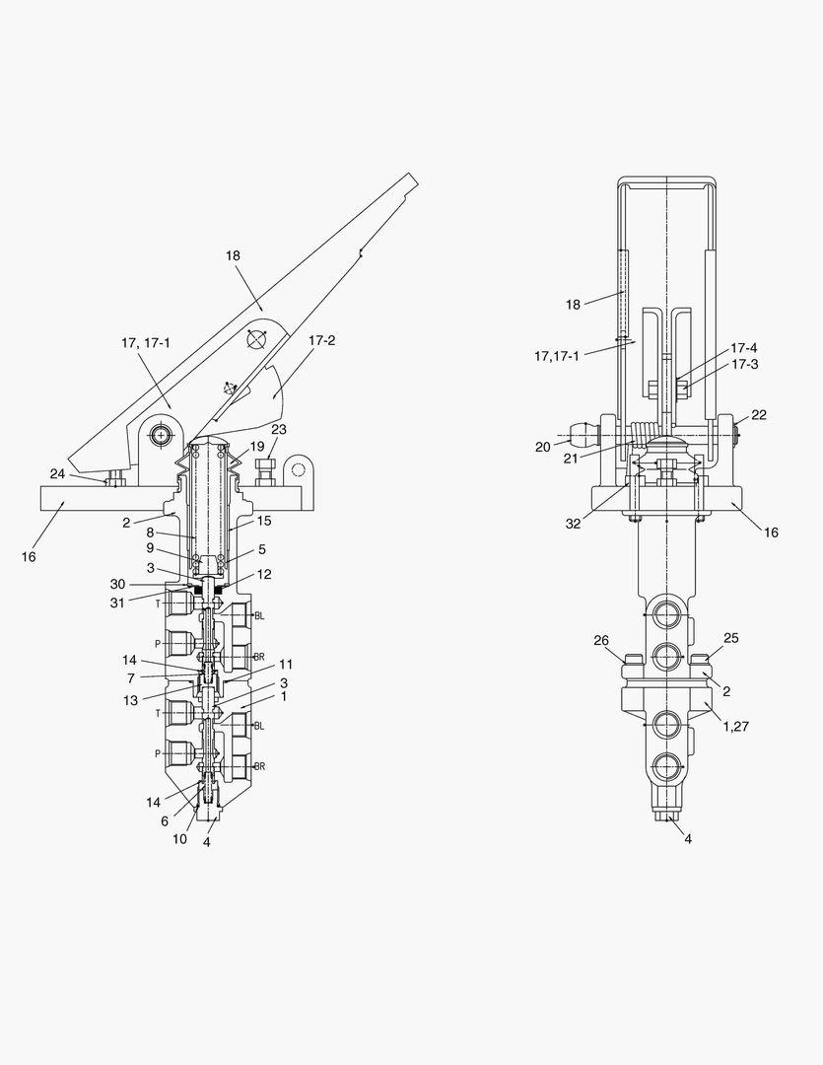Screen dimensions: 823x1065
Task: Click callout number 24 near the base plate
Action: pyautogui.click(x=58, y=473)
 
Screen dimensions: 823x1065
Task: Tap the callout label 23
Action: pyautogui.click(x=278, y=429)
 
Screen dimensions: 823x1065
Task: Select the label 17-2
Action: pyautogui.click(x=322, y=340)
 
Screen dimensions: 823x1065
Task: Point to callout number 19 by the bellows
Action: pyautogui.click(x=256, y=447)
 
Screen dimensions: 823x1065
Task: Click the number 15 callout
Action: pyautogui.click(x=264, y=521)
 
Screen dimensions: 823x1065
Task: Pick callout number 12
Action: pyautogui.click(x=264, y=574)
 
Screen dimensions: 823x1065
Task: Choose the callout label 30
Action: pyautogui.click(x=117, y=584)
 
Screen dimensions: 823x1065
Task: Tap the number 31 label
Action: pyautogui.click(x=117, y=603)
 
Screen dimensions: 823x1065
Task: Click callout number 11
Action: pyautogui.click(x=285, y=665)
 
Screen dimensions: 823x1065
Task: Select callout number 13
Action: pyautogui.click(x=130, y=700)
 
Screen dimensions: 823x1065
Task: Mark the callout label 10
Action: pyautogui.click(x=179, y=839)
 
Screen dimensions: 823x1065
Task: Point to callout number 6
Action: pyautogui.click(x=165, y=821)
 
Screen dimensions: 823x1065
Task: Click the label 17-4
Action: pyautogui.click(x=743, y=348)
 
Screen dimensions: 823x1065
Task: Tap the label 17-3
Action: pyautogui.click(x=744, y=364)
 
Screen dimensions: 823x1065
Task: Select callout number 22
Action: pyautogui.click(x=759, y=414)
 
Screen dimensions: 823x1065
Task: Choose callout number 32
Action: pyautogui.click(x=573, y=524)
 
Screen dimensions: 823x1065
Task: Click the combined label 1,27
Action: pyautogui.click(x=735, y=726)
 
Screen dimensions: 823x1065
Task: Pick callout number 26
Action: pyautogui.click(x=601, y=641)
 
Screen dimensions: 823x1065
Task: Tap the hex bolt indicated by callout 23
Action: pyautogui.click(x=263, y=472)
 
